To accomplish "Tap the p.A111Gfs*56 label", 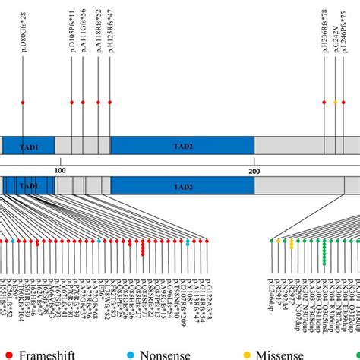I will point(84,27).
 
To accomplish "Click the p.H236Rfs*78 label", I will point(324,27).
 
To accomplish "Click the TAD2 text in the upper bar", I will point(181,146).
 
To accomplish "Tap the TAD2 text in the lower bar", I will point(181,186).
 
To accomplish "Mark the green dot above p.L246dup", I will point(272,241).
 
